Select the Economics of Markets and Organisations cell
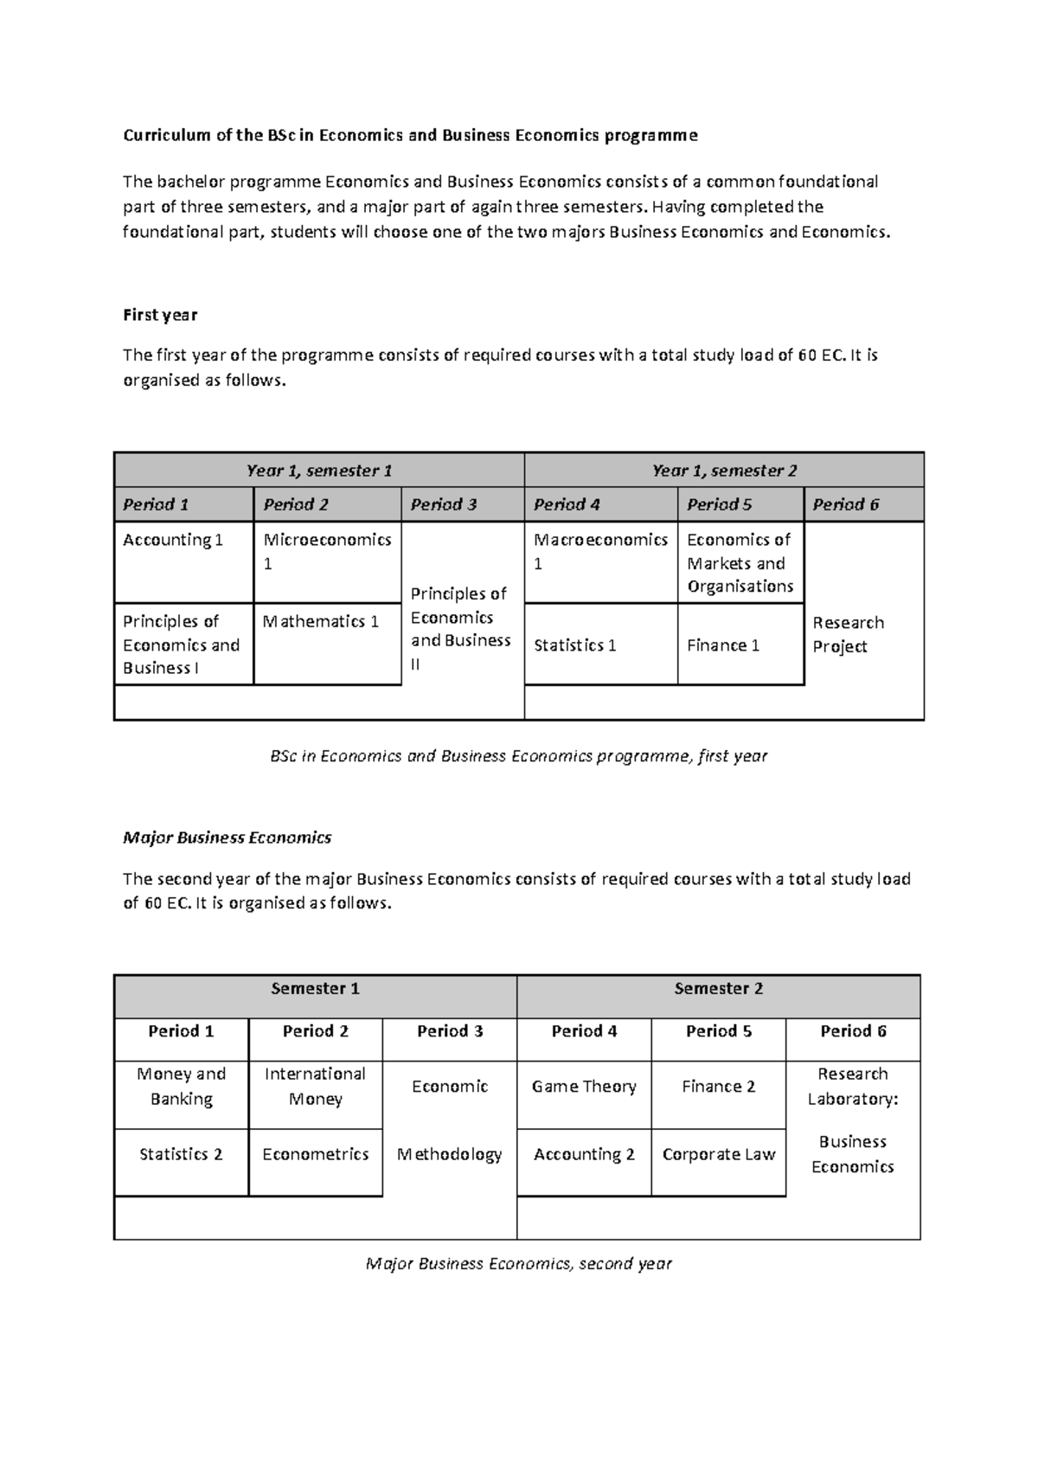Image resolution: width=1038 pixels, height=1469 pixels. click(740, 562)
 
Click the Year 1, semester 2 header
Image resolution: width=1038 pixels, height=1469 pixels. click(724, 471)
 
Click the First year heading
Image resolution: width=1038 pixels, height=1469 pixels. click(160, 315)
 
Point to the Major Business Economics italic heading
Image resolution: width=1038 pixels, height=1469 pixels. click(227, 837)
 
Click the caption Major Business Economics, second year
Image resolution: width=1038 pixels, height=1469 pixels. click(518, 1263)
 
